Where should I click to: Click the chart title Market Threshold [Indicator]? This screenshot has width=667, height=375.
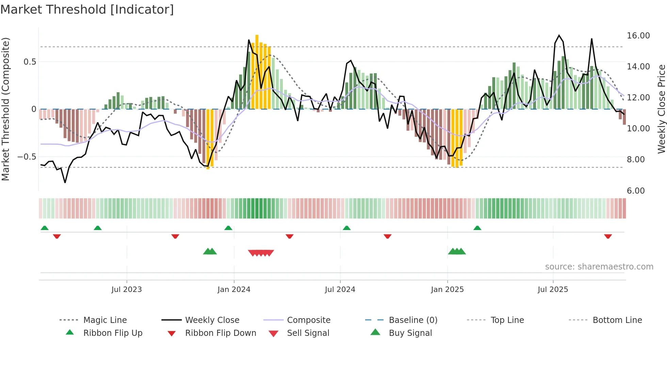tap(87, 10)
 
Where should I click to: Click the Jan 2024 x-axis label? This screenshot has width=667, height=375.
tap(234, 290)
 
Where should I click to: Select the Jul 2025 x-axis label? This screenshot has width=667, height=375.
tap(553, 290)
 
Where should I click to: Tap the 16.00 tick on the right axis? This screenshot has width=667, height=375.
tap(638, 36)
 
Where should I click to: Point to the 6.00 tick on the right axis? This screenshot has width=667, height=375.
tap(636, 191)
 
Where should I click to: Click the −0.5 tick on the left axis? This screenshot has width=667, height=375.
tap(27, 157)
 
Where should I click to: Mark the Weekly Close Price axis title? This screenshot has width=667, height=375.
tap(661, 109)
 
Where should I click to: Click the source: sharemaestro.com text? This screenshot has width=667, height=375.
tap(599, 267)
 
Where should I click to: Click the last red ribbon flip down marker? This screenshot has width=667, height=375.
tap(608, 236)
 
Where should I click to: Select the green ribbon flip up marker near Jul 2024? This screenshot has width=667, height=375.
tap(346, 228)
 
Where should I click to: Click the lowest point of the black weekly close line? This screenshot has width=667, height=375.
tap(65, 182)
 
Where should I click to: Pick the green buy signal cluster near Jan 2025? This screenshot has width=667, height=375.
tap(457, 251)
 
